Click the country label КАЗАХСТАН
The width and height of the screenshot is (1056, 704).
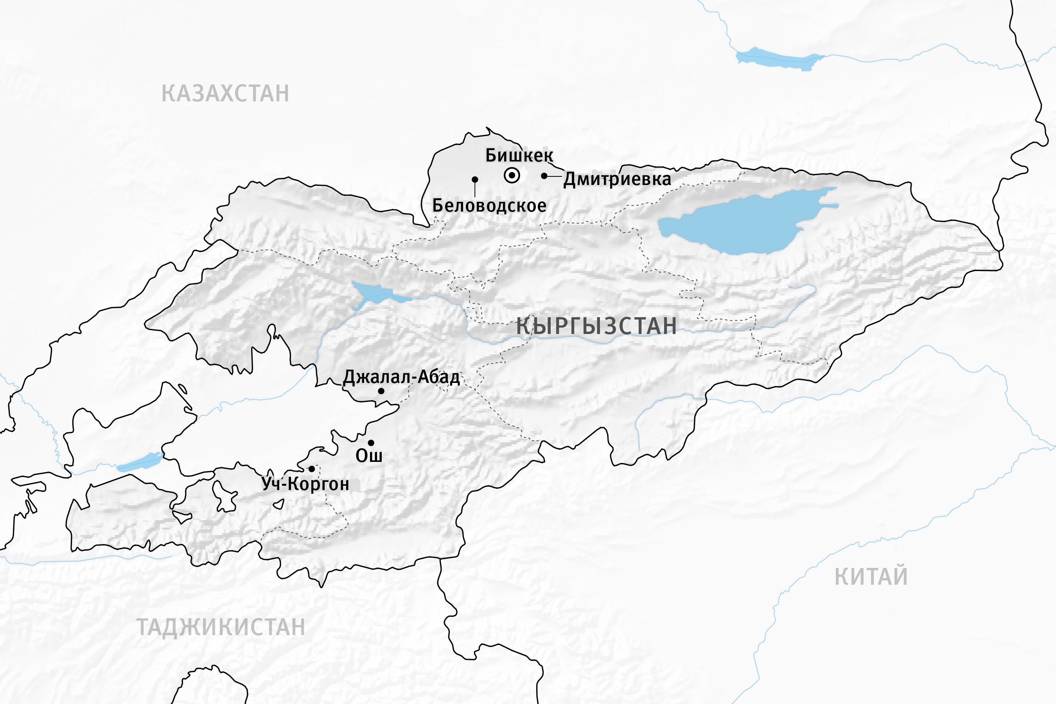(x=225, y=93)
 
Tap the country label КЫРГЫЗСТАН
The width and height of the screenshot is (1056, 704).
(x=596, y=325)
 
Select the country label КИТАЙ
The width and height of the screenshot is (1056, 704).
(x=871, y=577)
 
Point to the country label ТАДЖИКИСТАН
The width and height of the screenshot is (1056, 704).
(x=221, y=627)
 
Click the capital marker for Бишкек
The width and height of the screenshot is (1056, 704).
(x=512, y=176)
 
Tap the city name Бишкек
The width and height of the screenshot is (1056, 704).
(x=519, y=155)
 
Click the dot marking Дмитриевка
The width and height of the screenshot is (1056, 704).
(x=544, y=176)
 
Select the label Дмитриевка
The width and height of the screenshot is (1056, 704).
(x=617, y=179)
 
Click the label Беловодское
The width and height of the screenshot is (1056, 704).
(x=489, y=206)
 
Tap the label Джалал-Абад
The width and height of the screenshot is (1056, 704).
(x=401, y=377)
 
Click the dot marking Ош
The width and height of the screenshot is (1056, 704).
(x=371, y=443)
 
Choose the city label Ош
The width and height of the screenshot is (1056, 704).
(x=369, y=456)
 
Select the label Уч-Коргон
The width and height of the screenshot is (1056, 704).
(x=305, y=484)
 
